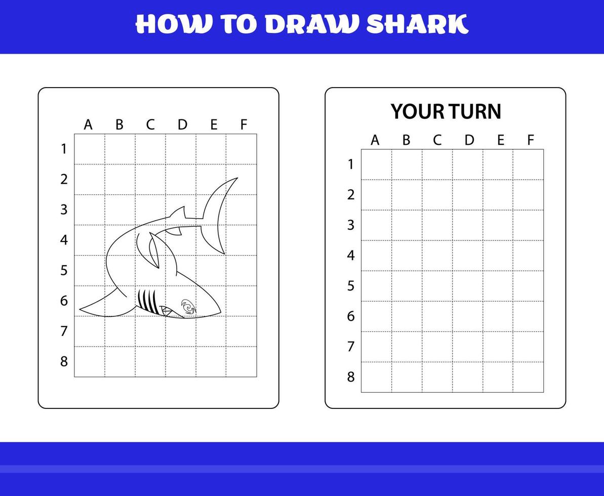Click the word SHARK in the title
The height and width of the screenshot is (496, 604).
point(416,24)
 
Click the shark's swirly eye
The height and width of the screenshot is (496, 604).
point(188,306)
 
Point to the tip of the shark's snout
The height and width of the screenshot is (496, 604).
point(220,312)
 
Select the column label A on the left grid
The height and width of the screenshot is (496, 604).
point(88,125)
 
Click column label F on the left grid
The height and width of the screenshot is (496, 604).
point(244,125)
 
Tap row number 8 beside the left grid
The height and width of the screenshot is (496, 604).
point(64,361)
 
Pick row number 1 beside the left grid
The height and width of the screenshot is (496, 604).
point(64,149)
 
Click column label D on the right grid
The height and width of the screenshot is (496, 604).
point(469,140)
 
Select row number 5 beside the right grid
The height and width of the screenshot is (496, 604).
point(351,286)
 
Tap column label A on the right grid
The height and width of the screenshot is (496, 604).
point(375,140)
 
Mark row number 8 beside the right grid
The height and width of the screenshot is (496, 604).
point(351,377)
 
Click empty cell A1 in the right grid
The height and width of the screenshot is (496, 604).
point(376,164)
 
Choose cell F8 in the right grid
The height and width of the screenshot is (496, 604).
point(528,377)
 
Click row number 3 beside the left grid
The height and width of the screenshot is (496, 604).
point(64,210)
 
